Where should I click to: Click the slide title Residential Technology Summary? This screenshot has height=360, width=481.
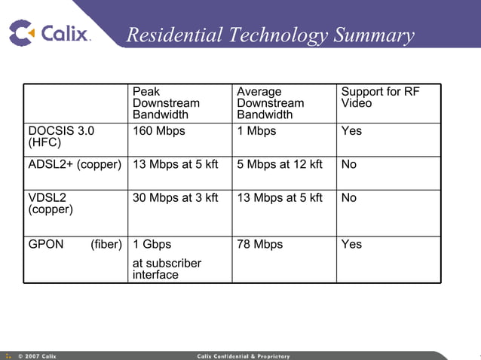tap(270, 35)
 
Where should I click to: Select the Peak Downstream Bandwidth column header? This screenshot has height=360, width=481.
tap(166, 103)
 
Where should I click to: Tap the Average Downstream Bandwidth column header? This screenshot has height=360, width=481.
tap(270, 103)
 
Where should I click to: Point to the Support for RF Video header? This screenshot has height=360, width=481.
tap(380, 97)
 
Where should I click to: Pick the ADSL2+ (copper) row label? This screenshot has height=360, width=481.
tap(75, 164)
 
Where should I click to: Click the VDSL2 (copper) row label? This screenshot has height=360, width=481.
tap(51, 203)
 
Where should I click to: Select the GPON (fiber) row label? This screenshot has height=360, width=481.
tap(75, 244)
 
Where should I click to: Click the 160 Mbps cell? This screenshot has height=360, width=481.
tap(158, 131)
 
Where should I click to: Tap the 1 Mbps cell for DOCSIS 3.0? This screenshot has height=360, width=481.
tap(256, 131)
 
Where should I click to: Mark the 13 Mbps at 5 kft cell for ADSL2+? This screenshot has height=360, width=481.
tap(175, 164)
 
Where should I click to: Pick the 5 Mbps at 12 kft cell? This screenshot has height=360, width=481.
tap(280, 164)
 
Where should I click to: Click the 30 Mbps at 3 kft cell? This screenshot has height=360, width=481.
tap(175, 197)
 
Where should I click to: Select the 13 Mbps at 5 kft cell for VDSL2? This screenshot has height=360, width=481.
tap(280, 197)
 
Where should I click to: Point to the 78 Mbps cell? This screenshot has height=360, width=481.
tap(259, 244)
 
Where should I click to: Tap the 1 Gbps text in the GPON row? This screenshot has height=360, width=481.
tap(152, 244)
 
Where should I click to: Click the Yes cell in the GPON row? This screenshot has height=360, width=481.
tap(351, 244)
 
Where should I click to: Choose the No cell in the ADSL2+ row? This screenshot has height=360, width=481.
tap(349, 164)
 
